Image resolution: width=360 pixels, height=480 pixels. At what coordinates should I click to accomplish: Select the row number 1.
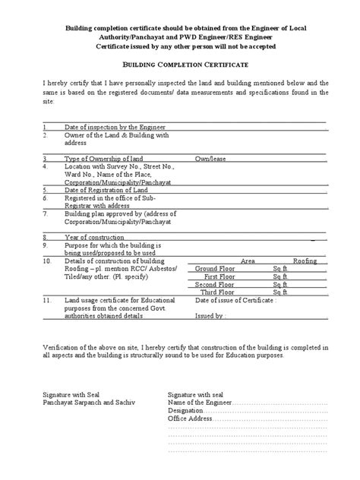45,126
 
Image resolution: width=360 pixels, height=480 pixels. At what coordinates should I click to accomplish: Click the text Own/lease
213,158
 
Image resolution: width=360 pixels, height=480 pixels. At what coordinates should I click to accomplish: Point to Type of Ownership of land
104,158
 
